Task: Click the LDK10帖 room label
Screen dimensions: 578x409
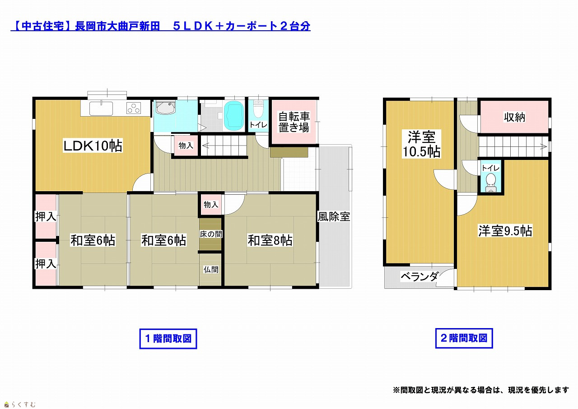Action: [93, 146]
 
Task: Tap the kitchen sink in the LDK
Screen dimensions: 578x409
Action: [101, 108]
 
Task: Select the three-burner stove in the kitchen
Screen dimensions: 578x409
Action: [134, 108]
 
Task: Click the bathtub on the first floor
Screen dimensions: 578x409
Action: [233, 115]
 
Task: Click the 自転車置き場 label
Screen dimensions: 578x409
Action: [294, 122]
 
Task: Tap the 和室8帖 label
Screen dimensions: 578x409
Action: [270, 240]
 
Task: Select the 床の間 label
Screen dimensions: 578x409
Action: [211, 234]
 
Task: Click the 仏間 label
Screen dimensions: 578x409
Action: [211, 269]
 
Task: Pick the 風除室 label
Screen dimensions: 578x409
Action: [334, 216]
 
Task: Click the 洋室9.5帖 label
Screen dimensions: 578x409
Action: [505, 230]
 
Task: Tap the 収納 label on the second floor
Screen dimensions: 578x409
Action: [514, 117]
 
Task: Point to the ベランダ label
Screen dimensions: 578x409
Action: [420, 277]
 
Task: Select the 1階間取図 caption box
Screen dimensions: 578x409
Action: [168, 338]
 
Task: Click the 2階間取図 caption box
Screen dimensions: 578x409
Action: [464, 338]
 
